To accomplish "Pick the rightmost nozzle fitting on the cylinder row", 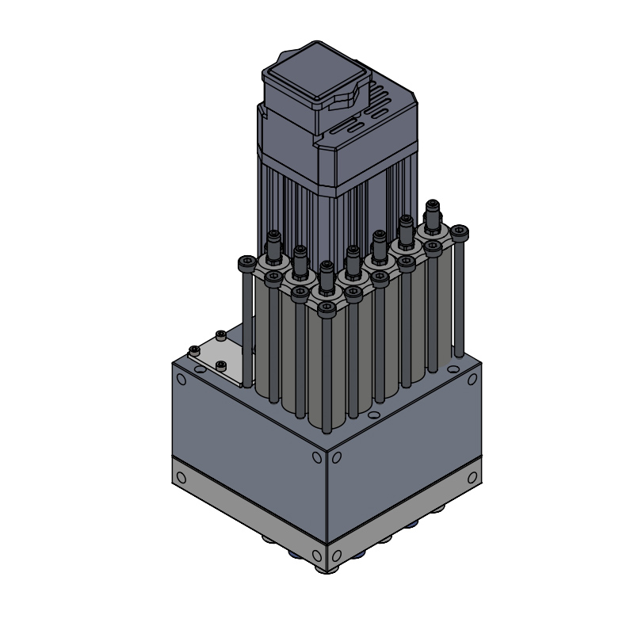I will coord(432,215).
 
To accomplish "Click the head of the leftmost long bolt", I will coord(246,262).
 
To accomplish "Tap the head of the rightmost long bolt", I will coord(459,232).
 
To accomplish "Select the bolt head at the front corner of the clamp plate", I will coord(327,306).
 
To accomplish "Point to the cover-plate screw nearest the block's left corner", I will coord(194,350).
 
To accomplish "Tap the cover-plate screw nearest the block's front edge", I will coord(220,365).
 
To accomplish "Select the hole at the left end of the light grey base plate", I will coord(181,478).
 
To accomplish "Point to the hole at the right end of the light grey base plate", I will coord(474,478).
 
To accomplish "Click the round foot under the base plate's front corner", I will coord(326,567).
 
